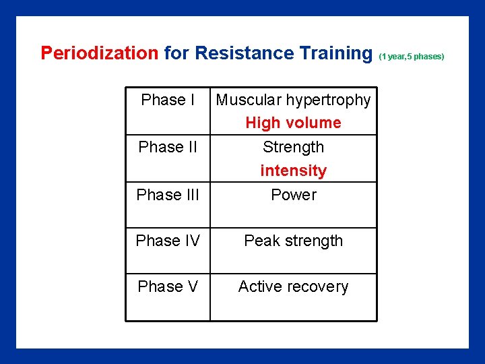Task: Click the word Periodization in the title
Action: pyautogui.click(x=99, y=53)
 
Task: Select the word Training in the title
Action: pyautogui.click(x=335, y=53)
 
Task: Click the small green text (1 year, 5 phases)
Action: pyautogui.click(x=412, y=57)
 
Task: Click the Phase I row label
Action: pyautogui.click(x=168, y=100)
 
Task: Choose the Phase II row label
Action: pyautogui.click(x=168, y=147)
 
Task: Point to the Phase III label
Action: pyautogui.click(x=168, y=195)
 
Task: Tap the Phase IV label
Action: pyautogui.click(x=168, y=241)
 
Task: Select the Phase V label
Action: pyautogui.click(x=168, y=286)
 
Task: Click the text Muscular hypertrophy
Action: pyautogui.click(x=293, y=100)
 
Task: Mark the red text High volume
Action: pyautogui.click(x=293, y=123)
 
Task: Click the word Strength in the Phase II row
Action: pyautogui.click(x=293, y=147)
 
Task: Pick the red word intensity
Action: pyautogui.click(x=293, y=171)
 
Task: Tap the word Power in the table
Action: pyautogui.click(x=293, y=195)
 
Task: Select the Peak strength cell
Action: pyautogui.click(x=293, y=241)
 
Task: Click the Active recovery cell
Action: pyautogui.click(x=293, y=286)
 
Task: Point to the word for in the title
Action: pyautogui.click(x=176, y=53)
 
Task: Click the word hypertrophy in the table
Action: pyautogui.click(x=328, y=100)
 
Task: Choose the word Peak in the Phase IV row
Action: pyautogui.click(x=262, y=241)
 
